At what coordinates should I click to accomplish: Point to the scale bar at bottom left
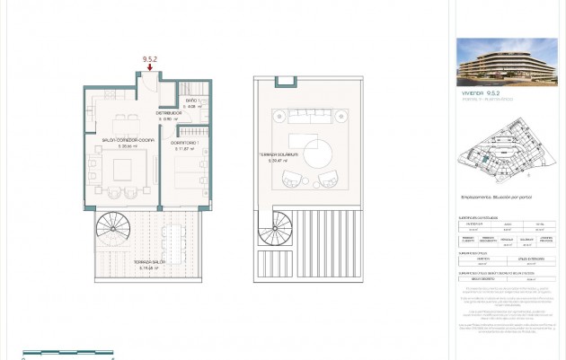click(67, 353)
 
